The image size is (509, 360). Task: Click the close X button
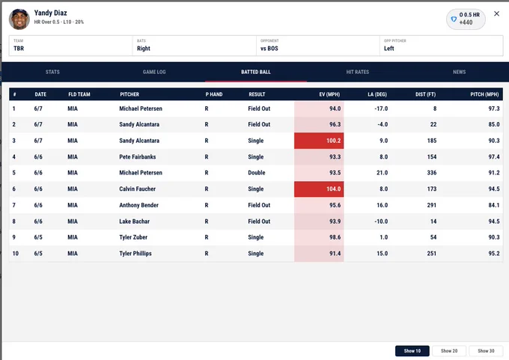pos(496,13)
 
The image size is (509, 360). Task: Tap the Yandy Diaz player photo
pos(19,19)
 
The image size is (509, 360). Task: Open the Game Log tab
pos(154,72)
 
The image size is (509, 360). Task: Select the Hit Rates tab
pos(357,72)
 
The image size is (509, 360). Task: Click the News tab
pos(459,72)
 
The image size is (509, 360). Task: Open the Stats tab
pos(52,72)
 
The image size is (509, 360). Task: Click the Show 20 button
pos(449,351)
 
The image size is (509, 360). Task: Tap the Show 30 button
pos(486,351)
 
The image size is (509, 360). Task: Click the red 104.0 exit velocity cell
pos(319,189)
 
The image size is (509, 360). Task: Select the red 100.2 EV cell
pos(319,141)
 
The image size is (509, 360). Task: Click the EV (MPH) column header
pos(329,94)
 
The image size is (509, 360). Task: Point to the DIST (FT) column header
pos(426,94)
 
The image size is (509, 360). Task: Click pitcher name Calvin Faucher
pos(137,189)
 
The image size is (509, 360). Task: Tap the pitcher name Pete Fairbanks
pos(137,156)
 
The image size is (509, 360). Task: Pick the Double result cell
pos(257,173)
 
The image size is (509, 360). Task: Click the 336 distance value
pos(432,173)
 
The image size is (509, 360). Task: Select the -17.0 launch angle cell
pos(381,109)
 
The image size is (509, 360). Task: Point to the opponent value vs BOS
pos(269,49)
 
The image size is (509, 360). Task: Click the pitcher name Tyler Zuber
pos(133,237)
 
